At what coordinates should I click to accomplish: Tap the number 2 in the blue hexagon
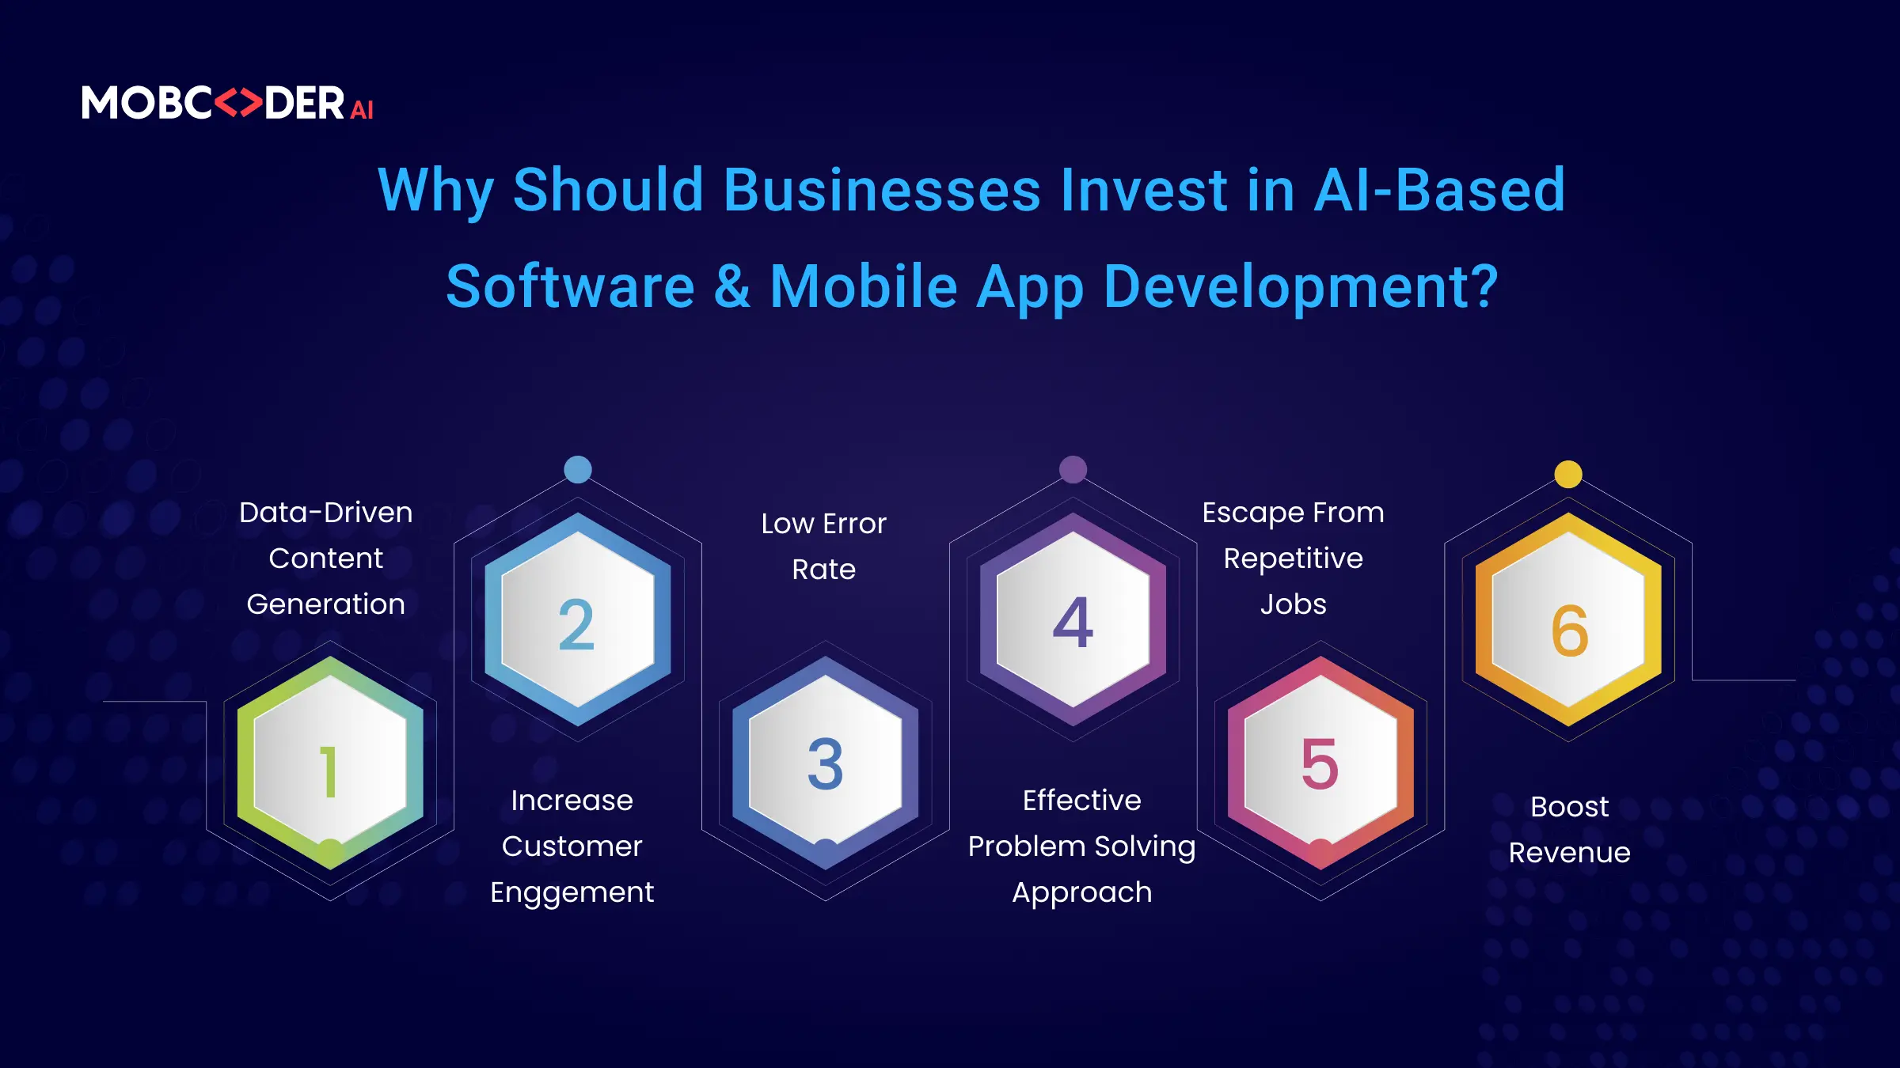coord(576,624)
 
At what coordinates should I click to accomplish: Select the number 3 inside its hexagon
coord(826,764)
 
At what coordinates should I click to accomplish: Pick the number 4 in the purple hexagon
coord(1073,622)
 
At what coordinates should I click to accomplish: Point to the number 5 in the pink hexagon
coord(1320,764)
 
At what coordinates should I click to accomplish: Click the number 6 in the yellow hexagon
coord(1570,631)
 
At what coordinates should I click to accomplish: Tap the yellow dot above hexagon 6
coord(1568,474)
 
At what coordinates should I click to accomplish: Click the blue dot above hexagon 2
coord(578,469)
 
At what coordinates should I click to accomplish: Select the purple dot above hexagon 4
coord(1073,469)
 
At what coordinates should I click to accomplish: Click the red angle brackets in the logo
coord(238,103)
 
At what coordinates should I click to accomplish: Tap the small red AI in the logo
coord(362,110)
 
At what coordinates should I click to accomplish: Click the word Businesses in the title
coord(882,191)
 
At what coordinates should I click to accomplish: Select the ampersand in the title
coord(732,286)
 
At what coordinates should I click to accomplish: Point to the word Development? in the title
coord(1301,288)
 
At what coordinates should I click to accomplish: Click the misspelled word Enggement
coord(572,893)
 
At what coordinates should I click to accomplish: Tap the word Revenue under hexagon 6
coord(1570,853)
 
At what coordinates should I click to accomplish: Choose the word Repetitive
coord(1294,559)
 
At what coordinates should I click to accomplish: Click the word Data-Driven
coord(326,513)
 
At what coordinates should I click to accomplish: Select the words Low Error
coord(824,524)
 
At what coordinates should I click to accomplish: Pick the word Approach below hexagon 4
coord(1082,893)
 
